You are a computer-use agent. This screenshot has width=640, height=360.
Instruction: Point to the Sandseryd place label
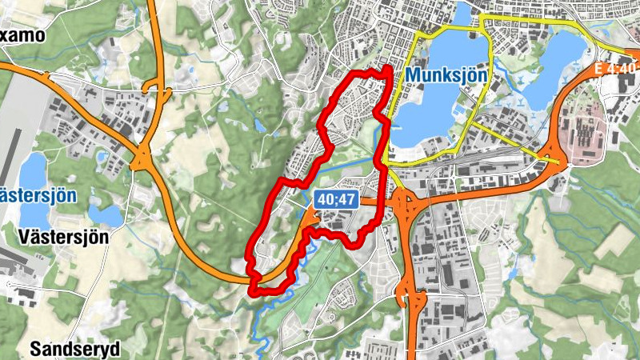(x=74, y=349)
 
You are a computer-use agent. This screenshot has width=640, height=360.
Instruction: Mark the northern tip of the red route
(x=387, y=70)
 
